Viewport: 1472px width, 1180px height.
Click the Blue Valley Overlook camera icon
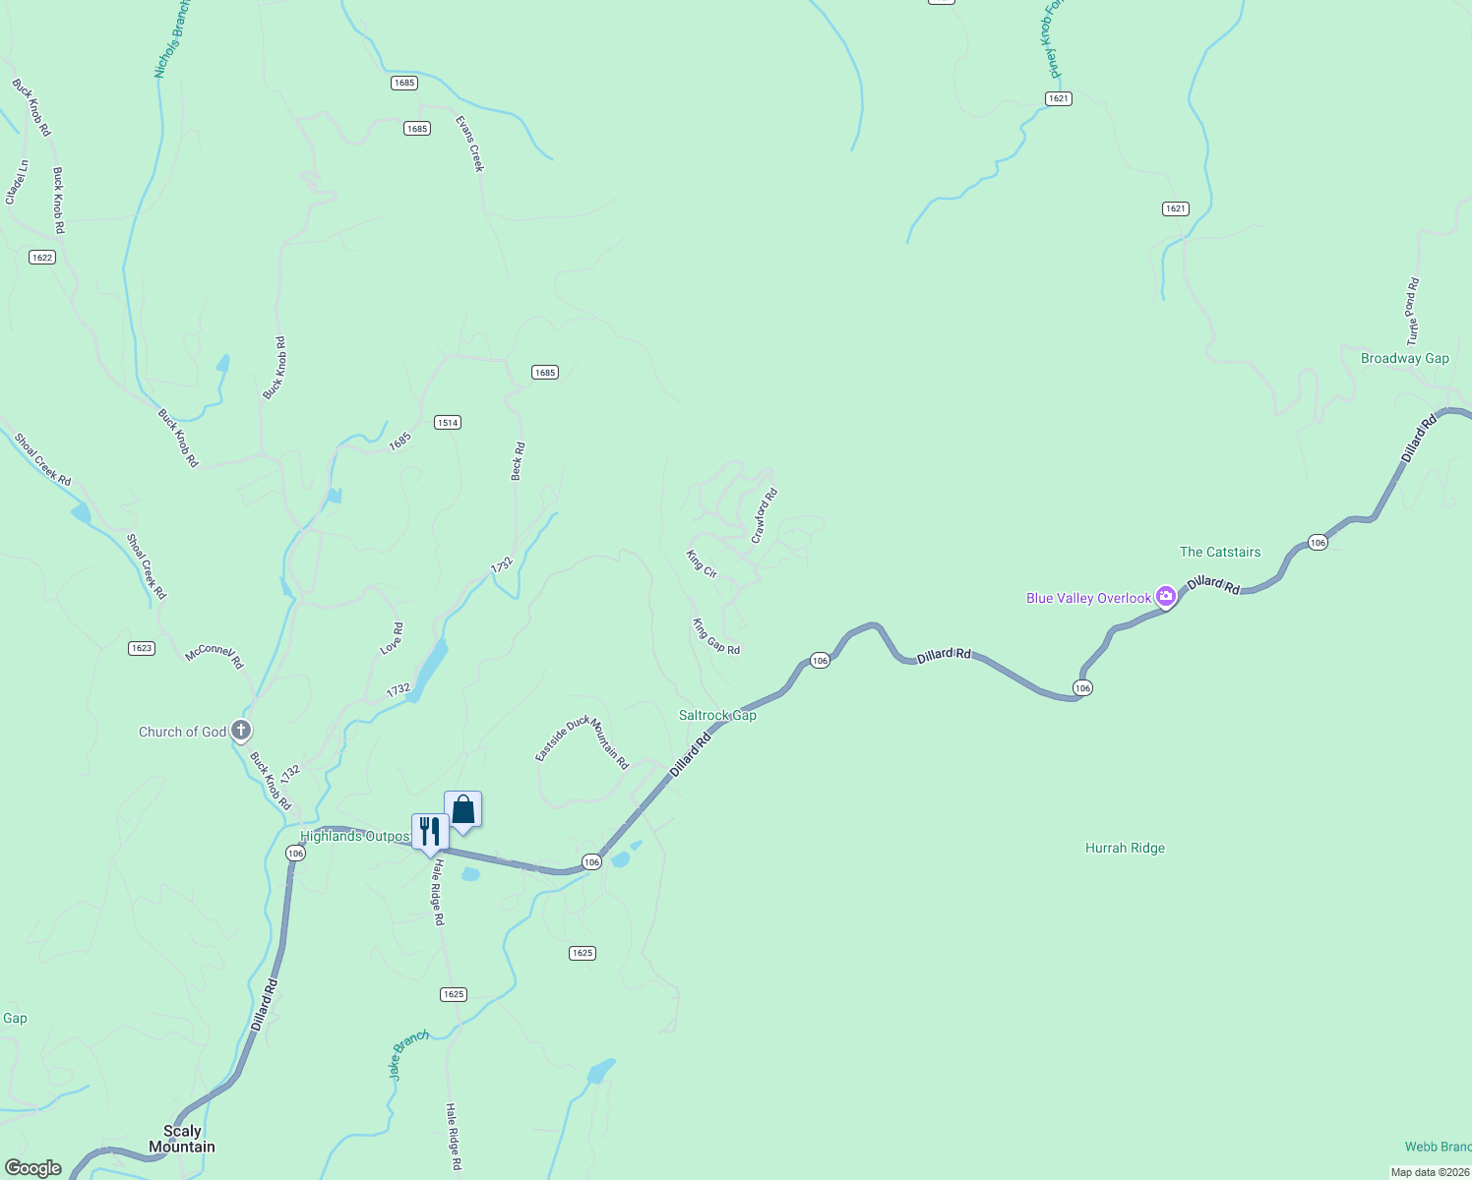pos(1166,596)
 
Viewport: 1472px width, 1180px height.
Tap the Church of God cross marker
pos(241,731)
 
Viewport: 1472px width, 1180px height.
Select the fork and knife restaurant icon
pos(430,832)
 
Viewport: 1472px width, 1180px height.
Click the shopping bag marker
pos(463,810)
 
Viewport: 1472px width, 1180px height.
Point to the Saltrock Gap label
pos(717,715)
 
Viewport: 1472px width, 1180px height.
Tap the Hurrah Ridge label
pos(1125,848)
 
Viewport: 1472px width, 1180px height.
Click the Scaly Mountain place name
pos(182,1139)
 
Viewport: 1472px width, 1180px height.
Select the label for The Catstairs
pos(1220,552)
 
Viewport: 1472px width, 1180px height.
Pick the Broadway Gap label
pos(1404,358)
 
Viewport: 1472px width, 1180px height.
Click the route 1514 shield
pos(448,422)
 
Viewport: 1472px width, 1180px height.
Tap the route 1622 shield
pos(42,258)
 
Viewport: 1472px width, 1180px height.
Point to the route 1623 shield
pos(142,648)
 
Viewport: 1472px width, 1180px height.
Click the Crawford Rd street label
pos(765,516)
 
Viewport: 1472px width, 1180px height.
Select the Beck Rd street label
pos(518,461)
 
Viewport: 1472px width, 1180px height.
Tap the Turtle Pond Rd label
pos(1412,312)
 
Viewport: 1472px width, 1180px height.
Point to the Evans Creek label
pos(470,144)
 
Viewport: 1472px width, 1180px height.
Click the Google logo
pos(33,1167)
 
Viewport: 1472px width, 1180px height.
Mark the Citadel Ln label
pos(17,182)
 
